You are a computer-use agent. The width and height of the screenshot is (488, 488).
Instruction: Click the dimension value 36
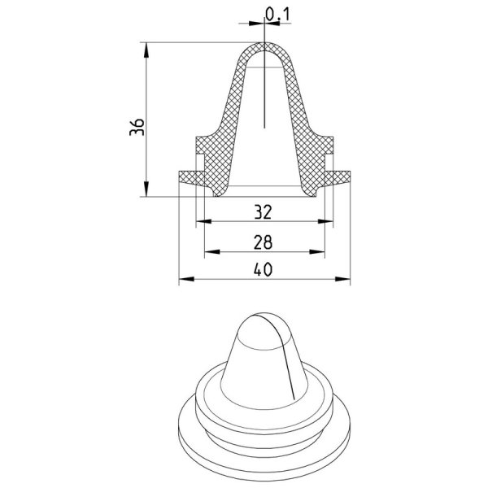[137, 127]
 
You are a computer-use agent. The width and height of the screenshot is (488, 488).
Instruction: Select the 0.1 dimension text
[277, 15]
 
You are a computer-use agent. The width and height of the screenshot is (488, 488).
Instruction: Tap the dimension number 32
[264, 211]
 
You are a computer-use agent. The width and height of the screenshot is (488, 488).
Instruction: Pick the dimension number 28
[263, 242]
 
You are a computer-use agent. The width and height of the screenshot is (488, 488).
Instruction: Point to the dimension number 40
[263, 269]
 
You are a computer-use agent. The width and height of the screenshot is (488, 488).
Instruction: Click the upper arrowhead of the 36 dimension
[146, 49]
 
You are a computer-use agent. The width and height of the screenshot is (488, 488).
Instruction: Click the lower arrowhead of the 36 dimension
[146, 190]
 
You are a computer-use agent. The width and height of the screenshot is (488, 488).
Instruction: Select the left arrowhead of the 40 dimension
[187, 279]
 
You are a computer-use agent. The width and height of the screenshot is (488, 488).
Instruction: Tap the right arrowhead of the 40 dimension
[342, 279]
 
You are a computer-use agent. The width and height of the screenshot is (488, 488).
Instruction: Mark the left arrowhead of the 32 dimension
[204, 221]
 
